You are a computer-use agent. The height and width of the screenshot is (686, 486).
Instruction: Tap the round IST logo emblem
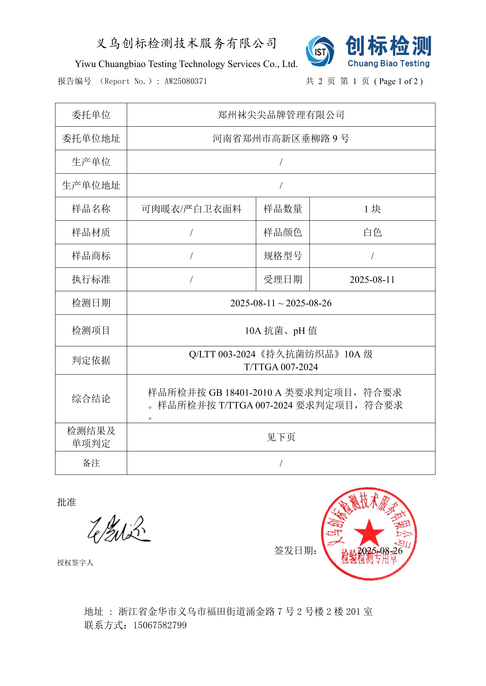(320, 51)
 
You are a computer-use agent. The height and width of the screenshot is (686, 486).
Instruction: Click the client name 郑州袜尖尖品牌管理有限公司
(281, 115)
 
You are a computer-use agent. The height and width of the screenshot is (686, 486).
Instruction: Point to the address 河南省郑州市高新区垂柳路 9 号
(281, 138)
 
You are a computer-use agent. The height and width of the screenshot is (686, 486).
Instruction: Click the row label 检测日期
(91, 303)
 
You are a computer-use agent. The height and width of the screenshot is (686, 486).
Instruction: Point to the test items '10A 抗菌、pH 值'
(281, 330)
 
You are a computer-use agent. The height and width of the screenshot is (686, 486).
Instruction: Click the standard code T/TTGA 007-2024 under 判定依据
(281, 367)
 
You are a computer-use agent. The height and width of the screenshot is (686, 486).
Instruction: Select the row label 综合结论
(91, 399)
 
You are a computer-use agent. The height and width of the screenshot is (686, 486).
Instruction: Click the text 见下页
(281, 437)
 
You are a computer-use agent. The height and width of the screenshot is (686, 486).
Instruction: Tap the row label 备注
(91, 463)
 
